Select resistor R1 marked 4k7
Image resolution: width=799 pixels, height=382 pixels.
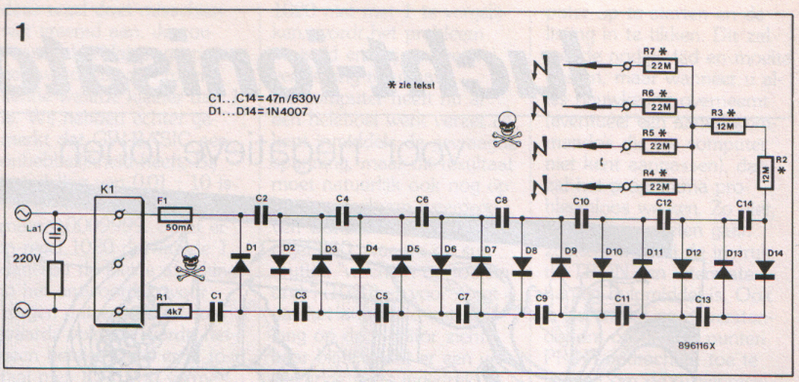[170, 310]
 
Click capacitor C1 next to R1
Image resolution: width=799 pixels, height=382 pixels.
[216, 310]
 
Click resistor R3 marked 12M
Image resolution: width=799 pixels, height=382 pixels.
[727, 128]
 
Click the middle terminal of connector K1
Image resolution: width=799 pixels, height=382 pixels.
[118, 264]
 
